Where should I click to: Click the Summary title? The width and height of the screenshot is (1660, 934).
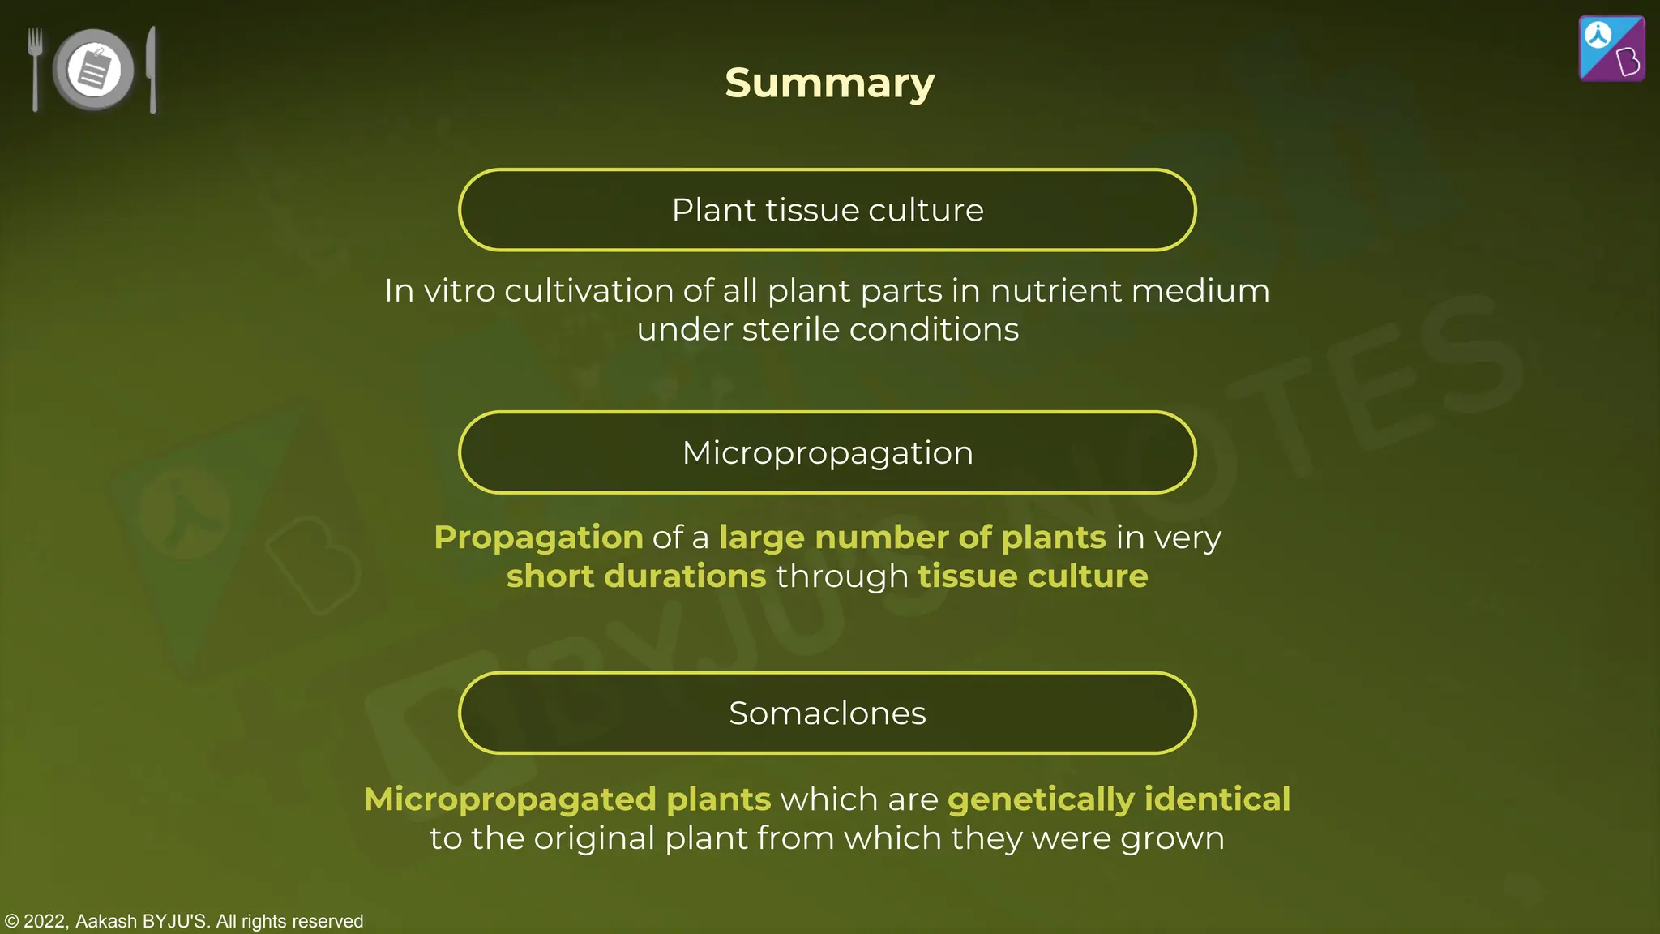[x=829, y=83]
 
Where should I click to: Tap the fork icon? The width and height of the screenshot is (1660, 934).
[x=35, y=68]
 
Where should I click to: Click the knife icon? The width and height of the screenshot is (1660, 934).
[x=152, y=70]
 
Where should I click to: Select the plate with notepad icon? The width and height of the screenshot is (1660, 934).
[x=94, y=70]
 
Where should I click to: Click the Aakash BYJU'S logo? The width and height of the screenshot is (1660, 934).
[x=1611, y=49]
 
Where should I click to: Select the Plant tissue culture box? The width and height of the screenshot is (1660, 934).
[x=827, y=210]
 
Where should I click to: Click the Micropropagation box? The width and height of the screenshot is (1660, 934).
[x=827, y=452]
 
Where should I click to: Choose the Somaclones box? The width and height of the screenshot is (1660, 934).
[x=827, y=713]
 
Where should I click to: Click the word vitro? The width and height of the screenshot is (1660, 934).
[x=459, y=290]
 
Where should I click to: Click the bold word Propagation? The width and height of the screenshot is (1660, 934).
[x=538, y=537]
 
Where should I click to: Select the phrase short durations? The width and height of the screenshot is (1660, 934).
[x=636, y=576]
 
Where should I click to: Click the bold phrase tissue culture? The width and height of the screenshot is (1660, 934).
[x=1033, y=576]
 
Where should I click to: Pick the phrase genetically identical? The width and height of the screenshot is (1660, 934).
[x=1119, y=799]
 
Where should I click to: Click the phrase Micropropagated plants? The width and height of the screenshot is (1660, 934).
[x=567, y=799]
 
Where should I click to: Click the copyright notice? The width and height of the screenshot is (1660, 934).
[x=184, y=921]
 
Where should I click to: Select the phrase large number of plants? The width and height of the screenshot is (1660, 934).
[x=912, y=537]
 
